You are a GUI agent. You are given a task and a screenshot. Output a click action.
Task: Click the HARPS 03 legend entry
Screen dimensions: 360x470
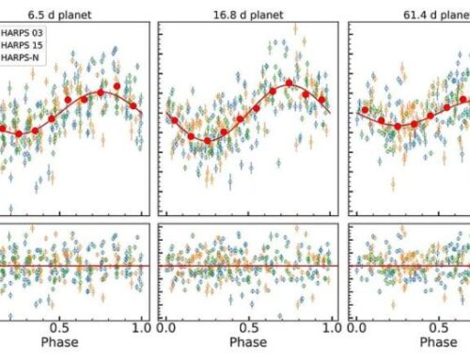pyautogui.click(x=28, y=32)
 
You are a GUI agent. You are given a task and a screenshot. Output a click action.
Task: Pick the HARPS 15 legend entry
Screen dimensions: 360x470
pyautogui.click(x=28, y=44)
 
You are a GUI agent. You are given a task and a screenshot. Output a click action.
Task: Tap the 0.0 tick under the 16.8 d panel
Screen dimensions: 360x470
pyautogui.click(x=167, y=328)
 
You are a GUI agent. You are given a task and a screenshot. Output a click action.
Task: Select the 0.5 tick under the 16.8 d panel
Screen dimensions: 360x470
pyautogui.click(x=250, y=328)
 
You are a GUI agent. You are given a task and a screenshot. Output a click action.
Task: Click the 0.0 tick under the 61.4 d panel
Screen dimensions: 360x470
pyautogui.click(x=359, y=328)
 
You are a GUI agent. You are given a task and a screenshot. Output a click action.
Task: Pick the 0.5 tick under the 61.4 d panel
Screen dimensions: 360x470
pyautogui.click(x=441, y=328)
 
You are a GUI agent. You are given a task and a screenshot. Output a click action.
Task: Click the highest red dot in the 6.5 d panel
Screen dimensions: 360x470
pyautogui.click(x=117, y=86)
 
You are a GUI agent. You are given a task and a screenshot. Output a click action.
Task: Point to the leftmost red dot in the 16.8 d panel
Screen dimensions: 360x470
pyautogui.click(x=170, y=117)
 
